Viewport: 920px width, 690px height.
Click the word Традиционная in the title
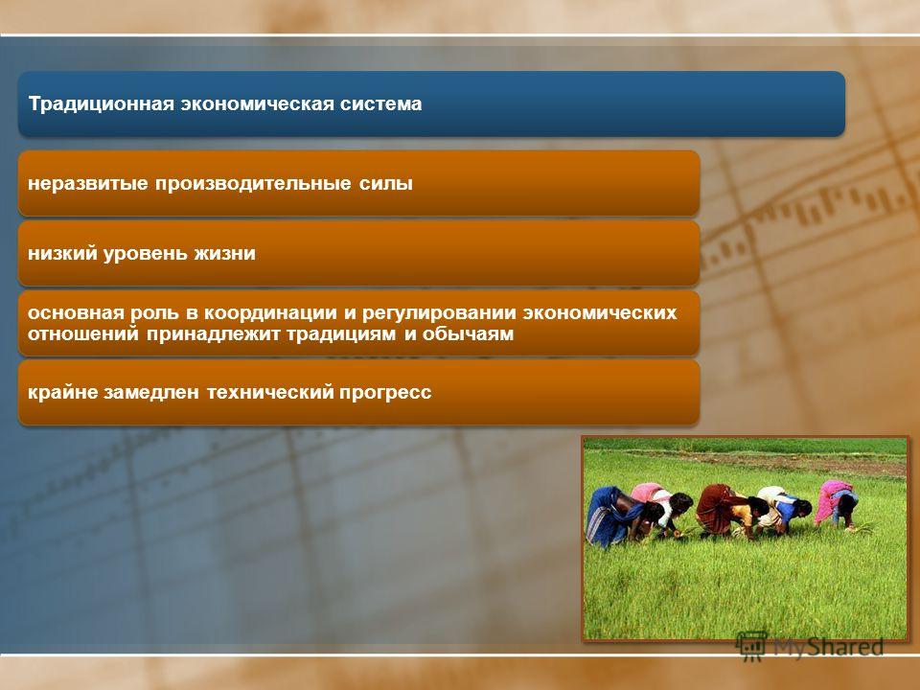[102, 104]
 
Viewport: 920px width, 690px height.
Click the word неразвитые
[88, 184]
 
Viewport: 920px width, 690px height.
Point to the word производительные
[253, 184]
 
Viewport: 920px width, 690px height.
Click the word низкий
[63, 253]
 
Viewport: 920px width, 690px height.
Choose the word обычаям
[469, 333]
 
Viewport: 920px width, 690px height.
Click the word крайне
[63, 392]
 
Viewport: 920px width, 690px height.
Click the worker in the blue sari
[616, 517]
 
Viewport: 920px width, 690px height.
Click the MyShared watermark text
[828, 647]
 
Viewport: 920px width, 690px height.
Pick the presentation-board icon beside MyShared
[751, 646]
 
